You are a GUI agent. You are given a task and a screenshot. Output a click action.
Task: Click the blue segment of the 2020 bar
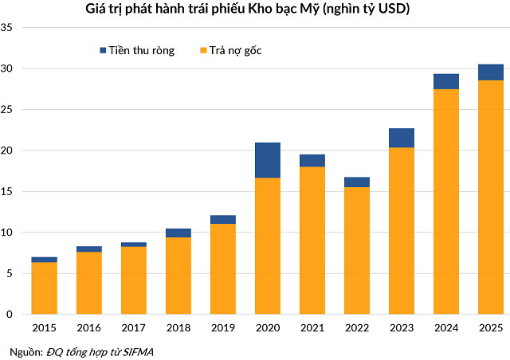click(268, 160)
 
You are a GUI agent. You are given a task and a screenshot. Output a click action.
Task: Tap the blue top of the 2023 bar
click(402, 138)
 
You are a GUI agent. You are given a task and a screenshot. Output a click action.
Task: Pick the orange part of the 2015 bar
click(45, 288)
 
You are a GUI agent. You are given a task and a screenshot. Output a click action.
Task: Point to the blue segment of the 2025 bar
click(491, 72)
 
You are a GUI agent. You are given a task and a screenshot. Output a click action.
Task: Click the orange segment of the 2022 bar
click(357, 251)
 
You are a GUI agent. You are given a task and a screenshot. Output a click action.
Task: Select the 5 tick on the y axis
click(10, 273)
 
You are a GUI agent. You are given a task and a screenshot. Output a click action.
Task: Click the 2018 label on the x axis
click(178, 328)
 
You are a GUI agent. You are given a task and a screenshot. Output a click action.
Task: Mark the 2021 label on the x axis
click(312, 328)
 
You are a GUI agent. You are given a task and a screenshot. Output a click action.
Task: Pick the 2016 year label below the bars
click(89, 328)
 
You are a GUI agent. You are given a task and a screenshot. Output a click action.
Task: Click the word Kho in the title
click(261, 9)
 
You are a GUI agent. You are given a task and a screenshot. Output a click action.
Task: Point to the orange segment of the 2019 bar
click(223, 269)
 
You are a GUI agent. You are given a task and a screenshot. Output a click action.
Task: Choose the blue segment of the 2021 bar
click(312, 160)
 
